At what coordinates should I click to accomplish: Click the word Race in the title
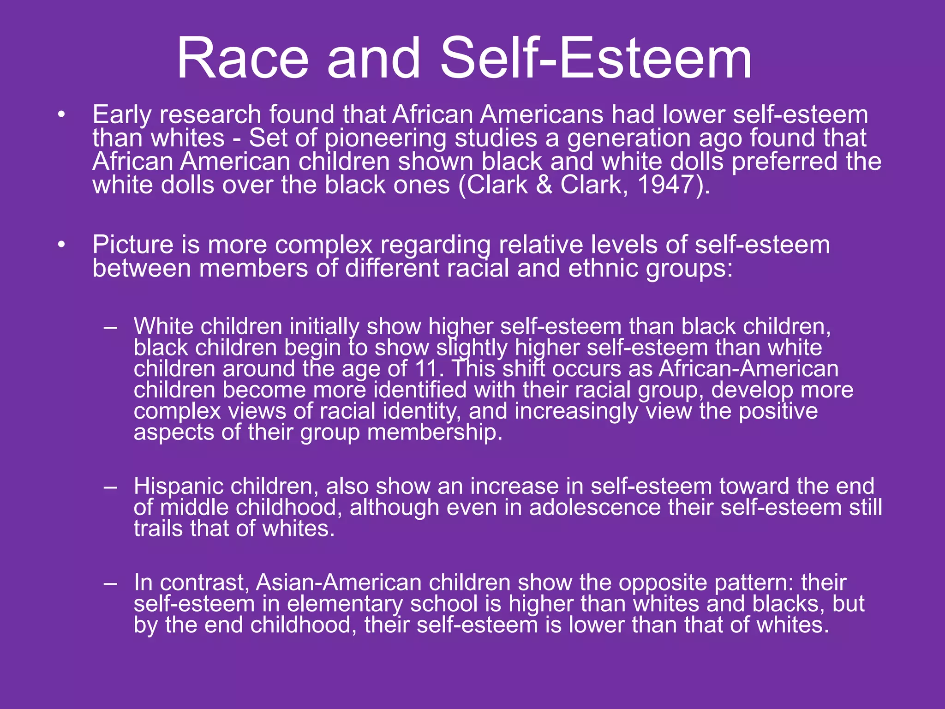point(242,59)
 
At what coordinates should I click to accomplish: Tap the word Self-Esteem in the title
point(596,59)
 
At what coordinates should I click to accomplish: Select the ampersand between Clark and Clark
point(544,185)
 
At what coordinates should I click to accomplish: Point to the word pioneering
point(385,138)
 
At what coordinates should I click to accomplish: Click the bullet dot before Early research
point(62,115)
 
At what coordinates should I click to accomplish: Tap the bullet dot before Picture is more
point(62,245)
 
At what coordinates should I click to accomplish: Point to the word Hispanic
point(179,487)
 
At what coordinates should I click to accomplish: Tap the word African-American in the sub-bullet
point(748,369)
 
